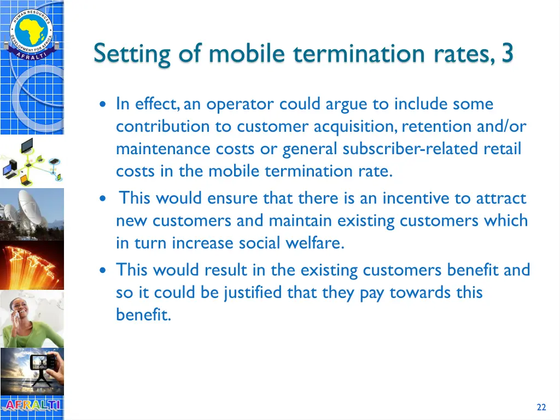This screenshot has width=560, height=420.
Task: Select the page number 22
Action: pyautogui.click(x=541, y=407)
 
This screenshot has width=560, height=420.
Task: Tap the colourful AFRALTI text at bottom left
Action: pyautogui.click(x=31, y=406)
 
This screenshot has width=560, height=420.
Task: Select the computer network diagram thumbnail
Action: pyautogui.click(x=31, y=161)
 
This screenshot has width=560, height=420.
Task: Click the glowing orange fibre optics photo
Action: pyautogui.click(x=31, y=265)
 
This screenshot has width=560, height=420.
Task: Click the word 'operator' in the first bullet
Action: pyautogui.click(x=240, y=104)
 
